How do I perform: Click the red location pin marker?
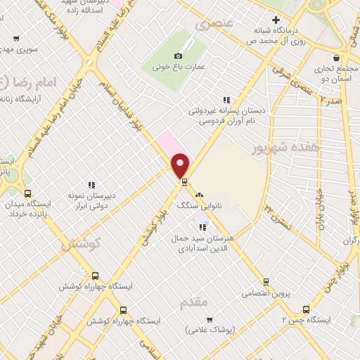click(x=181, y=165)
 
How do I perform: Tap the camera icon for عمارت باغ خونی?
click(x=179, y=56)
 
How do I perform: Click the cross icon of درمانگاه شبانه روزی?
click(x=276, y=20)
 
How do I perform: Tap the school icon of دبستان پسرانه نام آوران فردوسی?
click(x=226, y=101)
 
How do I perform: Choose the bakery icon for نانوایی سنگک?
click(x=199, y=195)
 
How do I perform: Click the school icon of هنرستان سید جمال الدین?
click(x=202, y=227)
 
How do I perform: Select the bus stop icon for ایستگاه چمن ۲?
click(x=305, y=309)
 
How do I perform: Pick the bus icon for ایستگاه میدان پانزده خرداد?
click(x=27, y=194)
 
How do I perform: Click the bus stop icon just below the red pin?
click(x=184, y=182)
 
